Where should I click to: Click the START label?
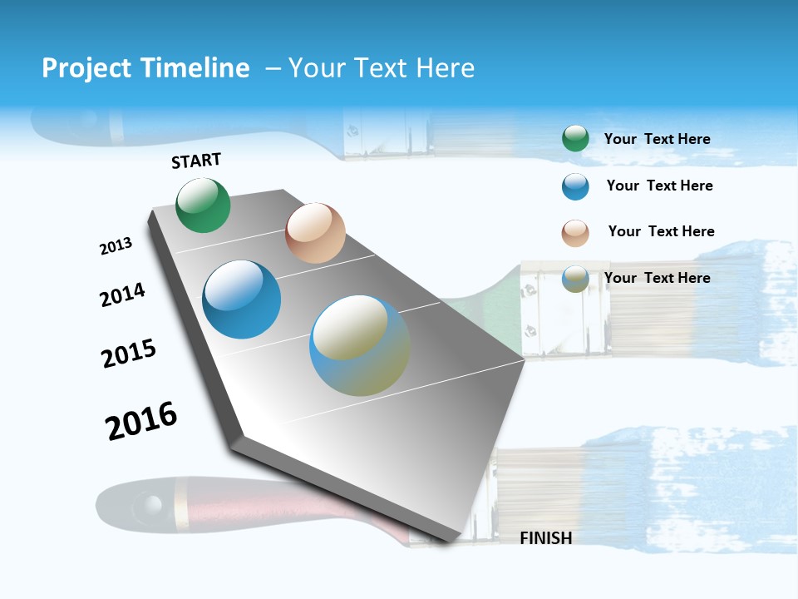point(196,161)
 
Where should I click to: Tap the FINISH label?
point(545,538)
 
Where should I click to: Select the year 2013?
point(116,246)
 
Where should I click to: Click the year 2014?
point(122,295)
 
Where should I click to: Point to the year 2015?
point(129,354)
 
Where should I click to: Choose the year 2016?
point(141,421)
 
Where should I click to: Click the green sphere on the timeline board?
point(203,205)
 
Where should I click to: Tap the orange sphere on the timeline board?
point(315,233)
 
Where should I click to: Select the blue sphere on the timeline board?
point(241,299)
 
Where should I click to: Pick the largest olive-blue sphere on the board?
point(360,345)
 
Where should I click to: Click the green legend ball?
point(575,138)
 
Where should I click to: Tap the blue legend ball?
point(575,186)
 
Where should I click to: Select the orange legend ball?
point(575,233)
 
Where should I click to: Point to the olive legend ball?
point(575,280)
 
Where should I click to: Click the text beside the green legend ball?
point(657,139)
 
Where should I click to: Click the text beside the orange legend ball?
point(661,231)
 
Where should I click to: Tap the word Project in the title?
point(86,68)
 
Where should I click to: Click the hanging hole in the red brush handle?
point(151,504)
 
